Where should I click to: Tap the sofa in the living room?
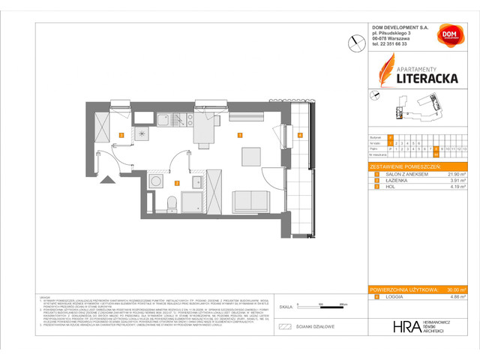250,202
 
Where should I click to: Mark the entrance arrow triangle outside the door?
110,179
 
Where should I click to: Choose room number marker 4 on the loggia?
299,135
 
